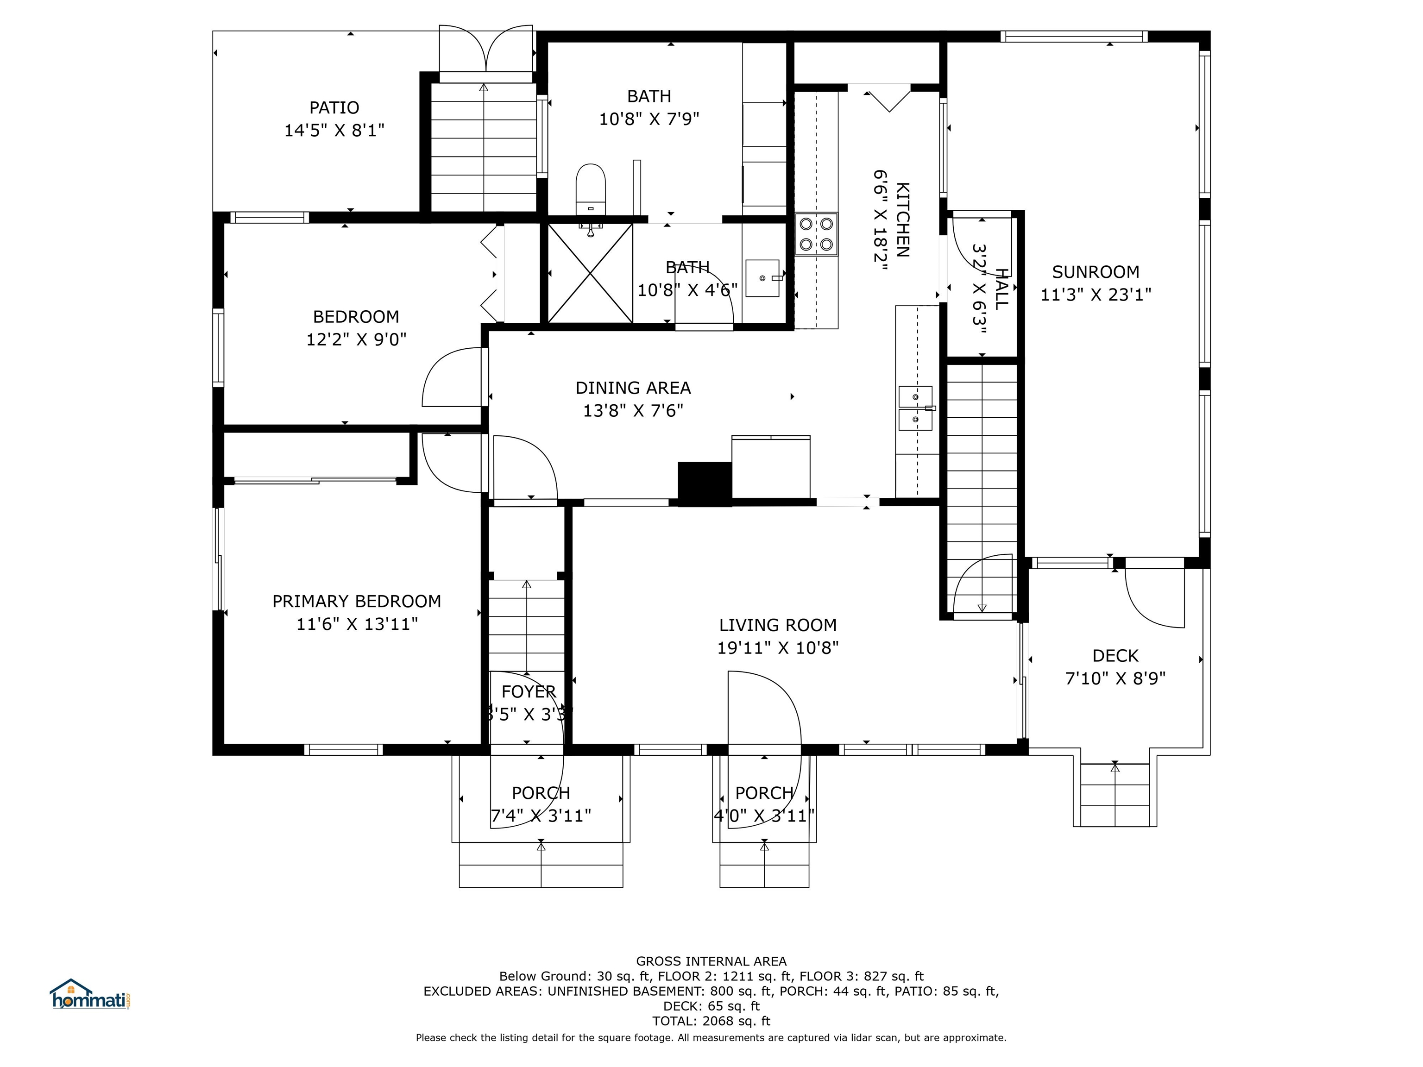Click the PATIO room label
(x=334, y=107)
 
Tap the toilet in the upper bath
(x=591, y=189)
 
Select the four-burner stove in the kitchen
(x=816, y=234)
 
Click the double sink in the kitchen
(x=915, y=408)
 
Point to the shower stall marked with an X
(x=590, y=273)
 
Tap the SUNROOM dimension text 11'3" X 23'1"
(x=1096, y=295)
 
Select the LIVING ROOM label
(x=778, y=625)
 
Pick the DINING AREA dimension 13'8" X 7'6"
(x=633, y=410)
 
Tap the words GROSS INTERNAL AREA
(x=711, y=961)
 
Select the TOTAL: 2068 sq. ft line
(x=711, y=1021)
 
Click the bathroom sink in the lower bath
(x=763, y=278)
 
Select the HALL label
(x=1001, y=289)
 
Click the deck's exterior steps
(x=1115, y=795)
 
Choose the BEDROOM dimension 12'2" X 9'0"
(x=356, y=339)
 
